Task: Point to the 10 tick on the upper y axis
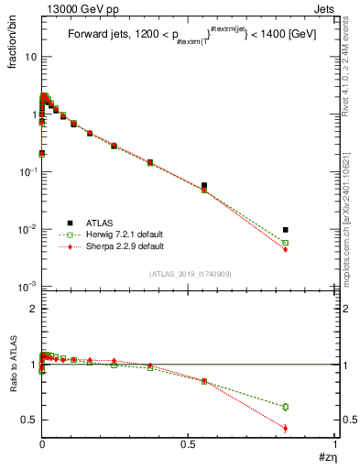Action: (x=30, y=57)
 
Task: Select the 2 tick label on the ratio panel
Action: (x=33, y=309)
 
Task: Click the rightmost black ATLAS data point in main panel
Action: (x=286, y=230)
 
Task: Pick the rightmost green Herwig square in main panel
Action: (x=286, y=243)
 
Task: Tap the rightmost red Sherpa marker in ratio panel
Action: (x=286, y=428)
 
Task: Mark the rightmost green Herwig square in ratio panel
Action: (x=286, y=407)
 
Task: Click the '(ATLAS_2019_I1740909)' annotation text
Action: (x=190, y=274)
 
